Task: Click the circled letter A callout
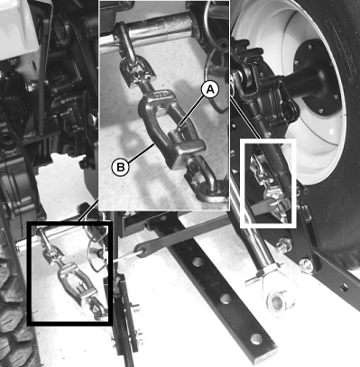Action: [209, 89]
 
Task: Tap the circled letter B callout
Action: [120, 167]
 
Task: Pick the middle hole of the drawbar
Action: [226, 298]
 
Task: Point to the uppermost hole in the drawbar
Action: [198, 261]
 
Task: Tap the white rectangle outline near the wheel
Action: [268, 183]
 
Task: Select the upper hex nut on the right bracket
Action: [283, 244]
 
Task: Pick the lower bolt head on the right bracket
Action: [306, 264]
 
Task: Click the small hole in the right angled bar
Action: [344, 288]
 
